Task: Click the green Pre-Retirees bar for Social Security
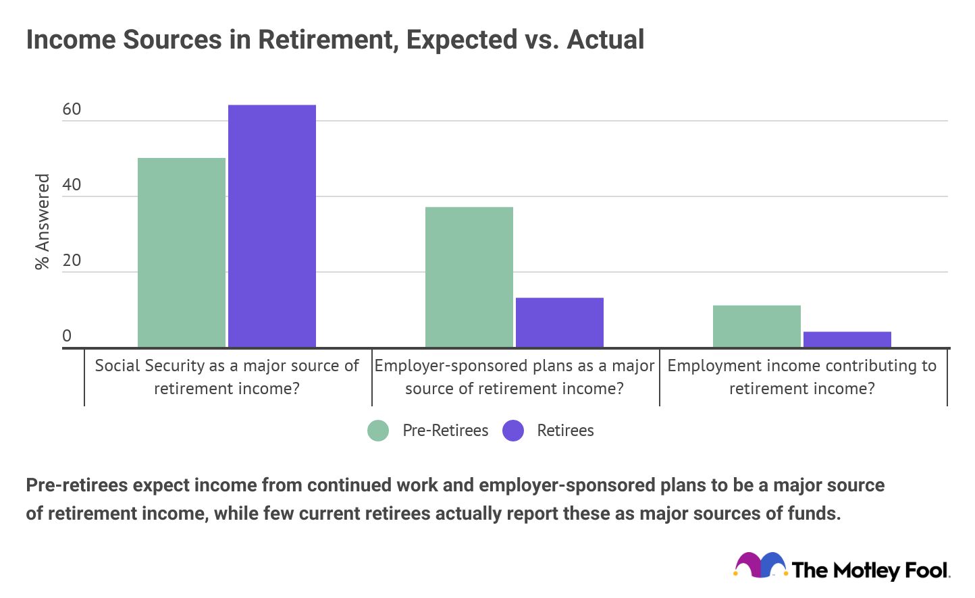181,252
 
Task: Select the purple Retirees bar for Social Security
271,226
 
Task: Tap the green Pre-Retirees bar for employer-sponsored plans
469,277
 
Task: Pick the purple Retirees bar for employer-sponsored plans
559,323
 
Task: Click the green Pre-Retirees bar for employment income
756,326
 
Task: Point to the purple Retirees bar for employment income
847,339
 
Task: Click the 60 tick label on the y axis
71,109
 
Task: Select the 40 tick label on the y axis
71,185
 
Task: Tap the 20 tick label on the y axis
71,261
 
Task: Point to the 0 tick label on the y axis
66,336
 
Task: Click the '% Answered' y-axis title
43,221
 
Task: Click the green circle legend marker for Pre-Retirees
378,431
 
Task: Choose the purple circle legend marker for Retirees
513,431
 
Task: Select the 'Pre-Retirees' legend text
445,431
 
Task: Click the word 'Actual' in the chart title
605,40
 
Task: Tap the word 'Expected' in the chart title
462,40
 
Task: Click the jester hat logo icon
760,566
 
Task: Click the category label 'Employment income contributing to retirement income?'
801,377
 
